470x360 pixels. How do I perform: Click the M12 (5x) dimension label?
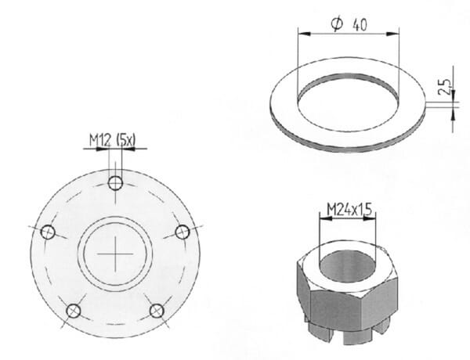point(112,140)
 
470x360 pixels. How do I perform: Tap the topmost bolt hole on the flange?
point(115,183)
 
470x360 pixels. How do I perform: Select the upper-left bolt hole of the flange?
point(48,232)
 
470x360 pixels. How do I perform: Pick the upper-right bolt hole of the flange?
point(183,232)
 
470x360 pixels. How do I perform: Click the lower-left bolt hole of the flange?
point(74,311)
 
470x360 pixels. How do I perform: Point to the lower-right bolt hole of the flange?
point(157,311)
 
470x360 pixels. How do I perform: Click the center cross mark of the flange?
point(115,254)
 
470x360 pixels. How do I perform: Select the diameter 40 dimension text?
point(349,24)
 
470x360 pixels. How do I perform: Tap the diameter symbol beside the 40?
point(337,24)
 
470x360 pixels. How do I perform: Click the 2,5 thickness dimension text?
point(444,87)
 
